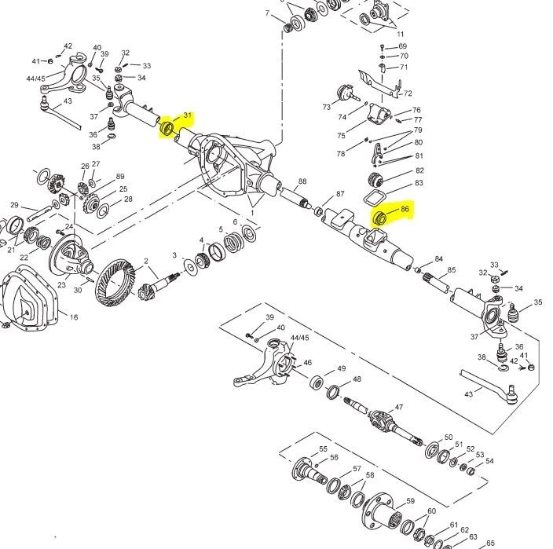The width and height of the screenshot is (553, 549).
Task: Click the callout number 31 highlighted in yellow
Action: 187,116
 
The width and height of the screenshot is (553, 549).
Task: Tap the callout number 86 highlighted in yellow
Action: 405,210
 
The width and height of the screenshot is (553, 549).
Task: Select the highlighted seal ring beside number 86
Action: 378,218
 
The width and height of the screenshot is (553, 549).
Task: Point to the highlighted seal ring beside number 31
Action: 167,127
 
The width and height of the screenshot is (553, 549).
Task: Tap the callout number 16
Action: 73,318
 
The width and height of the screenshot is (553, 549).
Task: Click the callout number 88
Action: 302,181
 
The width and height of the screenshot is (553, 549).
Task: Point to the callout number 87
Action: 340,194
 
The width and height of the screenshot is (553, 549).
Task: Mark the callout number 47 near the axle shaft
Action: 399,408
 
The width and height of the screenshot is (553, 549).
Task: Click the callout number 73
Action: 326,107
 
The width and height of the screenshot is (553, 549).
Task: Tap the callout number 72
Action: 408,93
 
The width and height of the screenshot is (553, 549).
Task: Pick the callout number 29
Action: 14,206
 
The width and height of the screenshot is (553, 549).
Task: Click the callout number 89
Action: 119,177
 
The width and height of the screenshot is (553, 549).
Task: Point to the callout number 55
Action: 322,450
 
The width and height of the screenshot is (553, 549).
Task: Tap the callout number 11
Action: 401,35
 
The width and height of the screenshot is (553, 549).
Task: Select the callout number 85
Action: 451,271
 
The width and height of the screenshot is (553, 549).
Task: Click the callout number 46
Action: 308,363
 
